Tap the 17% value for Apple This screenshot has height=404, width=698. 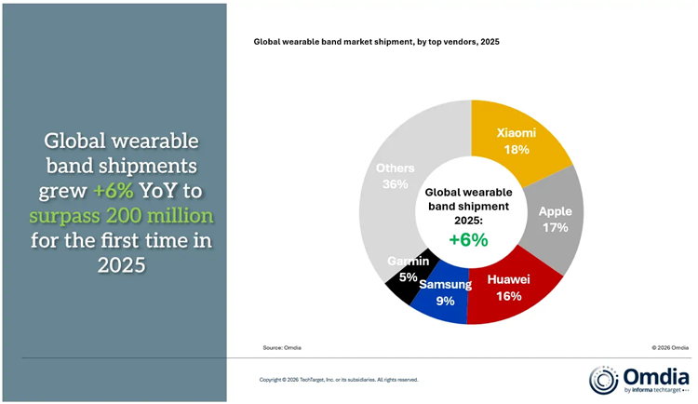point(555,226)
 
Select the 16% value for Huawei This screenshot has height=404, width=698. point(508,296)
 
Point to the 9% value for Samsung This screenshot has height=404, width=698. point(444,301)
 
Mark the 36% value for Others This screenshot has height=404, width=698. point(395,184)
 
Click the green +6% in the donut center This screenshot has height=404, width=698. point(470,238)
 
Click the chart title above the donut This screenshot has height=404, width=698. point(377,42)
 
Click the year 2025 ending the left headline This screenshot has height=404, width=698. point(123,265)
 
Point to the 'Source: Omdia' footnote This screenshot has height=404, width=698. point(282,347)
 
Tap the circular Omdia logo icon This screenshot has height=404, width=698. point(604,380)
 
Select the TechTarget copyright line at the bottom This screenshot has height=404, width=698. point(338,380)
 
